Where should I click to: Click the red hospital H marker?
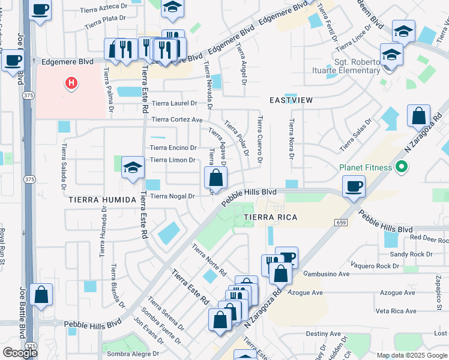click(x=71, y=83)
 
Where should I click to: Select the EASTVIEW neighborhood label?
click(x=291, y=100)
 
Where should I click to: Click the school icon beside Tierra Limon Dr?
click(x=133, y=167)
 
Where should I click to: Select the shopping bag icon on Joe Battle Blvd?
click(x=41, y=295)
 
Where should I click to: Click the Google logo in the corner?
click(x=20, y=353)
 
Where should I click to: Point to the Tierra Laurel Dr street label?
click(x=173, y=103)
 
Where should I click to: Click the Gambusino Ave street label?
click(x=327, y=274)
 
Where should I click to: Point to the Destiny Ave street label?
click(x=324, y=334)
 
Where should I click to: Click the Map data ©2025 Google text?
click(x=411, y=355)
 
